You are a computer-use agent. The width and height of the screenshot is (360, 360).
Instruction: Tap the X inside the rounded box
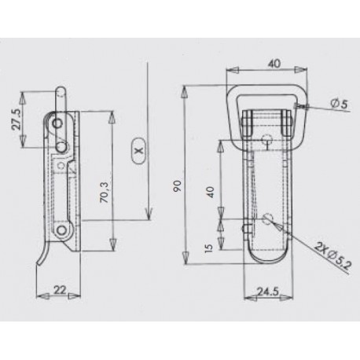coord(138,148)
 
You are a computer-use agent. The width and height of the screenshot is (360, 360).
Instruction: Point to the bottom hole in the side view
coord(61,230)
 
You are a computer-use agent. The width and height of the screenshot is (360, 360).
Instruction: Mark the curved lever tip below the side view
coord(39,263)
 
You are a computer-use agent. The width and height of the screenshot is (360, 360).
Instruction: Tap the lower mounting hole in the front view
coord(269,218)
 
